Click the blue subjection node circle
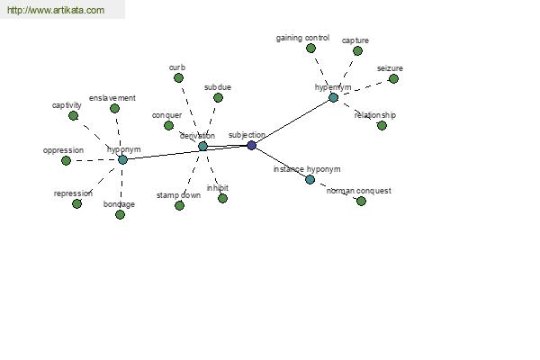pyautogui.click(x=252, y=146)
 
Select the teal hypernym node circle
pyautogui.click(x=333, y=97)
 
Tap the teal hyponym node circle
pyautogui.click(x=122, y=160)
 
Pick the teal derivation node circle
pyautogui.click(x=202, y=146)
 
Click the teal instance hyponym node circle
pyautogui.click(x=310, y=179)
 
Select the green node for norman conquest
pyautogui.click(x=361, y=202)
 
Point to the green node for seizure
pyautogui.click(x=393, y=79)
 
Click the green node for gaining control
pyautogui.click(x=310, y=49)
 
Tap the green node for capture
pyautogui.click(x=357, y=51)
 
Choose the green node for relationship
pyautogui.click(x=382, y=126)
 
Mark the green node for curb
pyautogui.click(x=178, y=78)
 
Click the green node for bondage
pyautogui.click(x=120, y=214)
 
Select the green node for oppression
pyautogui.click(x=66, y=160)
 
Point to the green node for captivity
pyautogui.click(x=74, y=116)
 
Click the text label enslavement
pyautogui.click(x=112, y=98)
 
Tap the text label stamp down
pyautogui.click(x=178, y=195)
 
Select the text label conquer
pyautogui.click(x=166, y=115)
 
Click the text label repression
pyautogui.click(x=73, y=193)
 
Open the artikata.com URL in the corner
pyautogui.click(x=56, y=10)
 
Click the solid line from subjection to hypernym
pyautogui.click(x=292, y=121)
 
